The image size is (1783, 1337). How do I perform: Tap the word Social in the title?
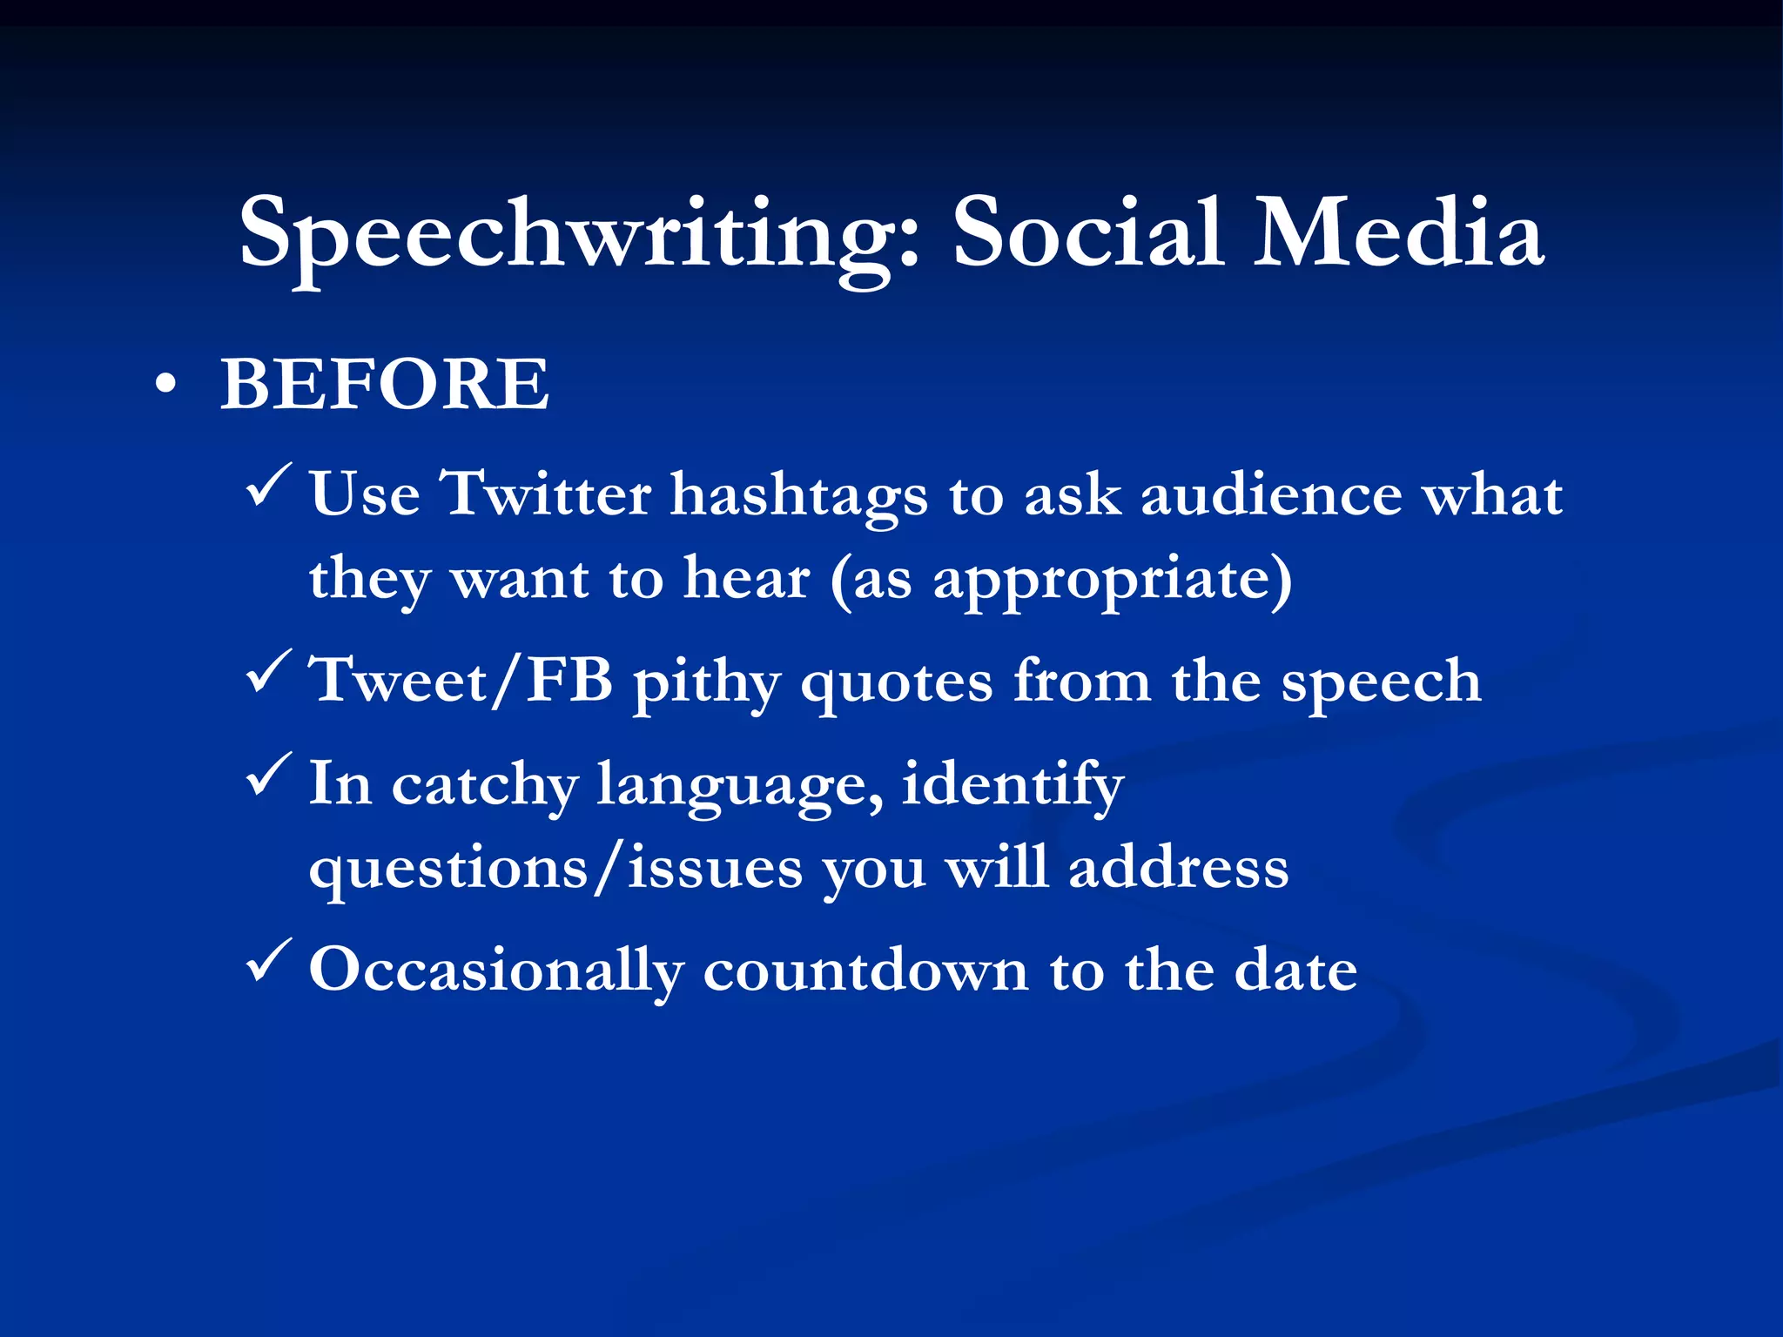[1087, 233]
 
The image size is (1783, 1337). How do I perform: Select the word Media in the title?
[1398, 233]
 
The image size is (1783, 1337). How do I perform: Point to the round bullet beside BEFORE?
[165, 386]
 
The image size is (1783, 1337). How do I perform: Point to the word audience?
[1271, 494]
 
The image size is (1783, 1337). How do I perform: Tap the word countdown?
[865, 971]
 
